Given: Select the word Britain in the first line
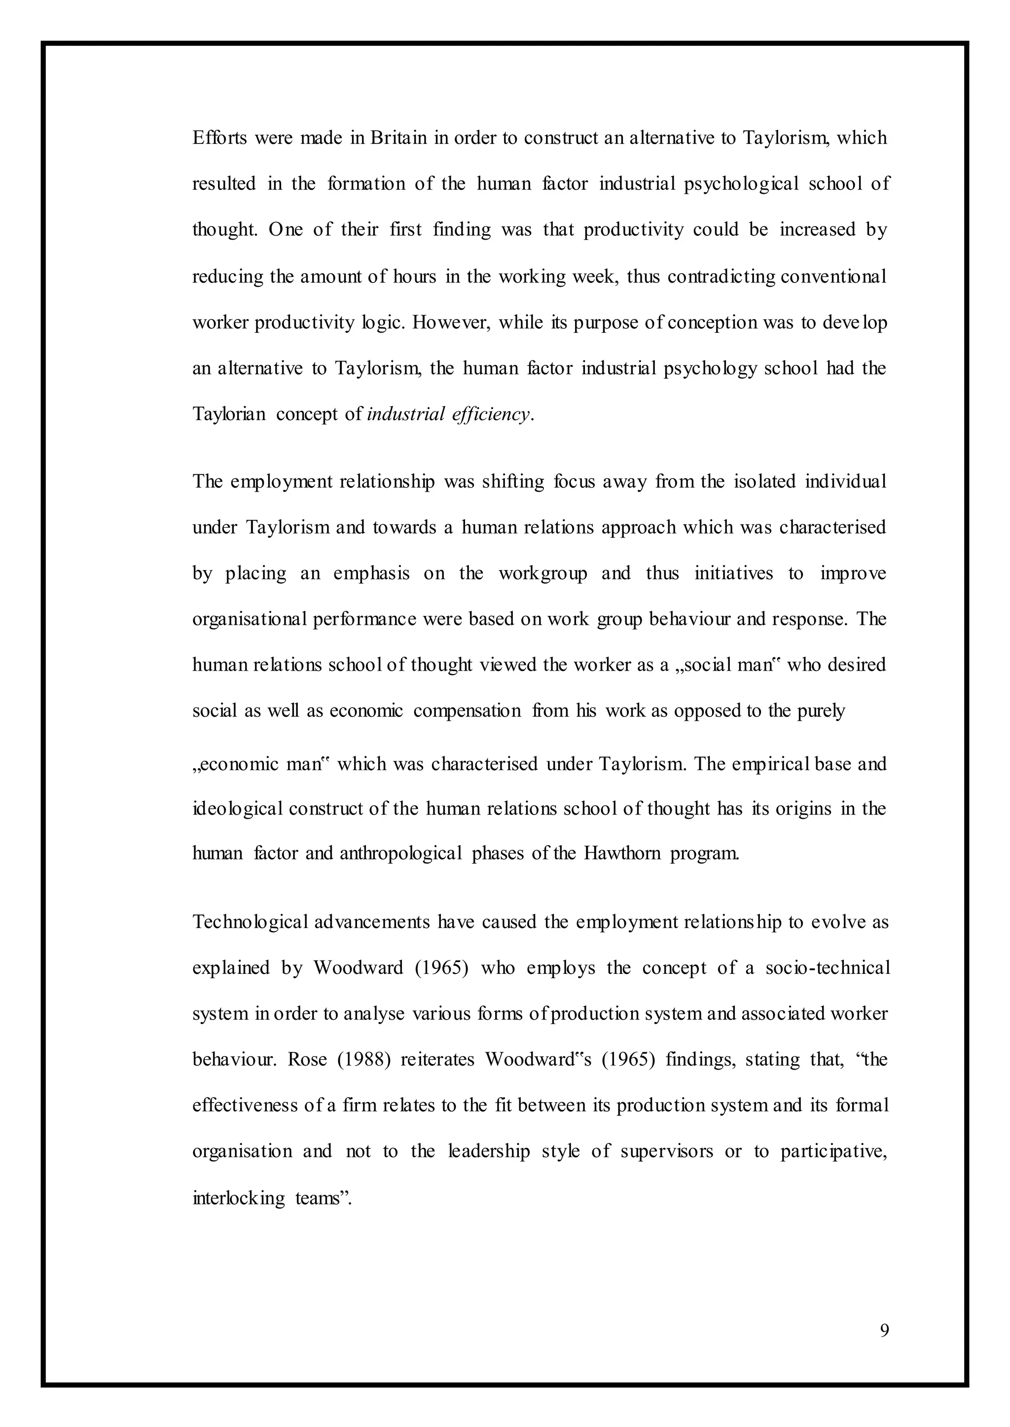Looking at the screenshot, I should click(398, 138).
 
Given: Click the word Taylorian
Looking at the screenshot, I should click(229, 414).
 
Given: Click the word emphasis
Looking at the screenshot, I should click(371, 573).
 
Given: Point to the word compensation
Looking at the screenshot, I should click(467, 711).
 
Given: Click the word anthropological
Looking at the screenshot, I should click(400, 853).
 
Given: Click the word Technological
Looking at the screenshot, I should click(250, 922).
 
